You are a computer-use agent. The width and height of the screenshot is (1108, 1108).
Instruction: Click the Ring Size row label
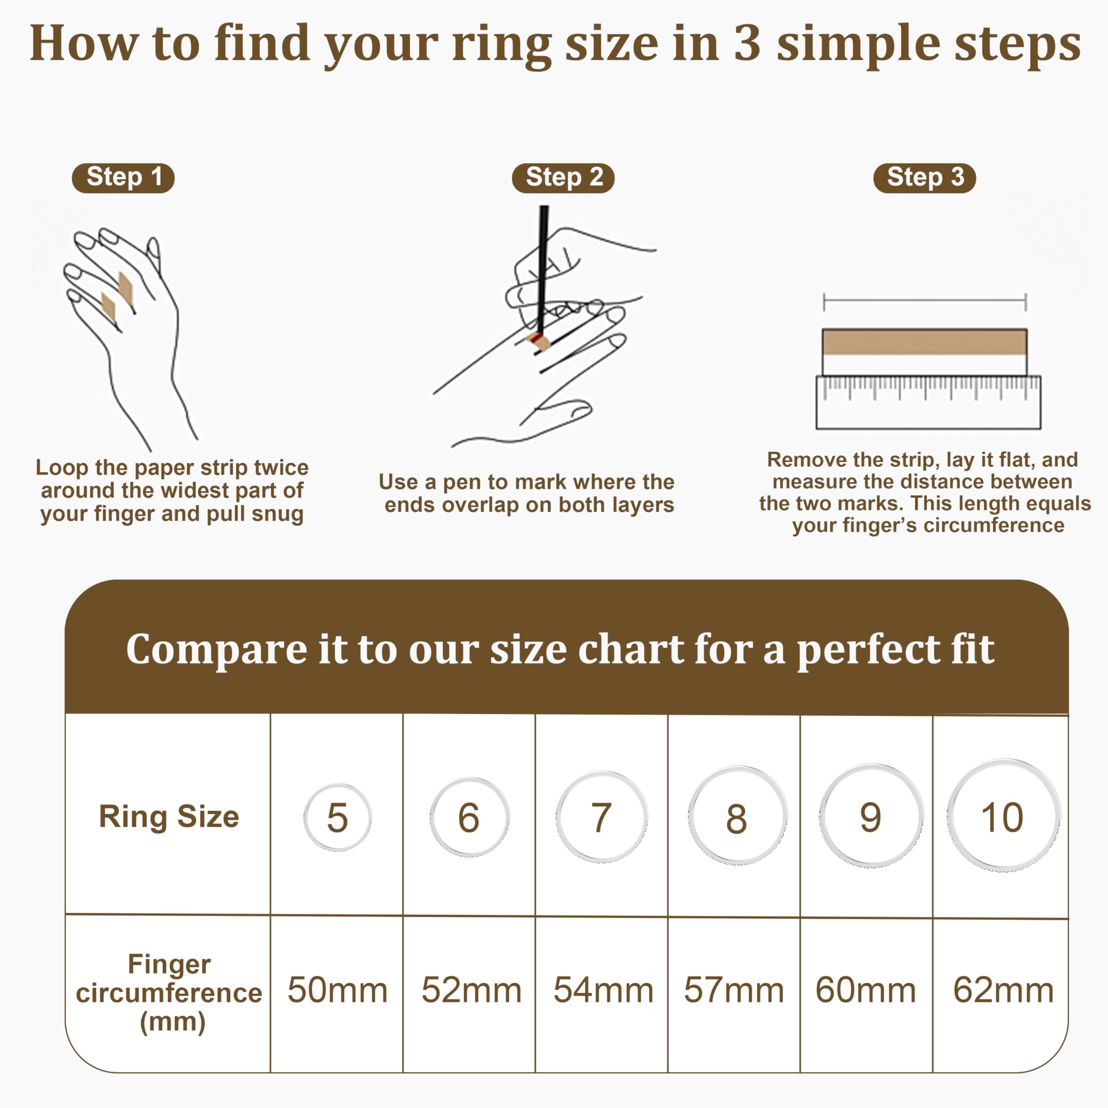169,817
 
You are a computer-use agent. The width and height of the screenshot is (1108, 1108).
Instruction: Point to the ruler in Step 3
928,402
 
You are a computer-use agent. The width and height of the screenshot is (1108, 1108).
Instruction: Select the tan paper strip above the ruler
924,342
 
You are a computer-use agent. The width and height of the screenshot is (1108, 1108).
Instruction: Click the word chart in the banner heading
630,651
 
